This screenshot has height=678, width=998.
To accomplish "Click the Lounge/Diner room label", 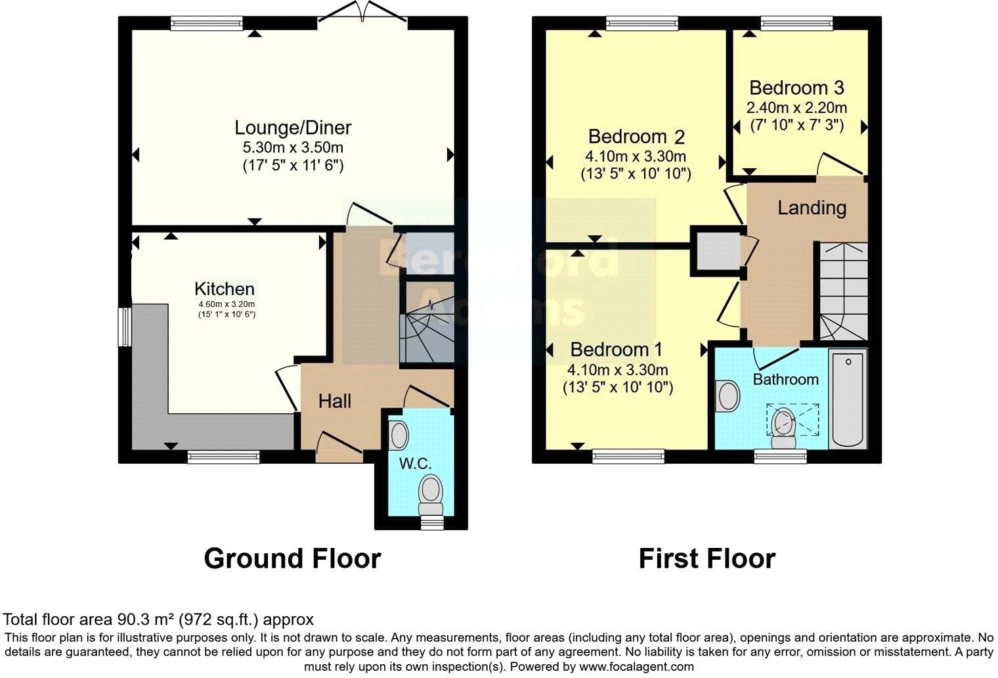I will [x=293, y=127].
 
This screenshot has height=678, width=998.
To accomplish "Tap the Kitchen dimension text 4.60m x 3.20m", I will [x=227, y=304].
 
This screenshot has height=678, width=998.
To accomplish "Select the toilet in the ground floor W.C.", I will [x=431, y=494].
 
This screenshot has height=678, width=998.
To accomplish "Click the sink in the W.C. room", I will [x=399, y=435].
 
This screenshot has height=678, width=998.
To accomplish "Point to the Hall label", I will [x=335, y=401].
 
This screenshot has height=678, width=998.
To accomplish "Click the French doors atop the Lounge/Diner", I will [x=362, y=12].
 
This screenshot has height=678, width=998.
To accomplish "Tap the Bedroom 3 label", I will [x=796, y=87].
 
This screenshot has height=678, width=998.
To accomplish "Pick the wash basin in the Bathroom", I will [x=728, y=396].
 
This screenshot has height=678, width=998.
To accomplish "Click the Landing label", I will [x=812, y=208].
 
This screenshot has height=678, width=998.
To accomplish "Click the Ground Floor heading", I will [x=292, y=558].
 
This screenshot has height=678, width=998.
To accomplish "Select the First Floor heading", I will [x=706, y=558].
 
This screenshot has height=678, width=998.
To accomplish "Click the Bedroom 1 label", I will [x=617, y=350].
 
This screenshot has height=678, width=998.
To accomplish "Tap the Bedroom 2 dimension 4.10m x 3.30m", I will [x=636, y=156].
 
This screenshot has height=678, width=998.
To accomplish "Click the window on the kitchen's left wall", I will [x=123, y=325].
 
